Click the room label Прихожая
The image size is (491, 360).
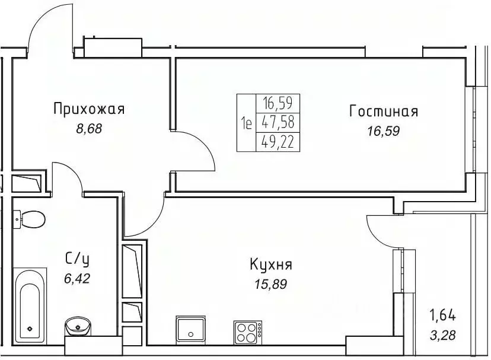tap(88, 109)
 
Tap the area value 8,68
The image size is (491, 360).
tap(90, 129)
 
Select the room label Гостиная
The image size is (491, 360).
tap(384, 111)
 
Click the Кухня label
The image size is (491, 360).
tap(270, 265)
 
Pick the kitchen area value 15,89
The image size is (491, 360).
tap(271, 284)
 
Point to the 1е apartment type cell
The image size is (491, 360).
tap(246, 123)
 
